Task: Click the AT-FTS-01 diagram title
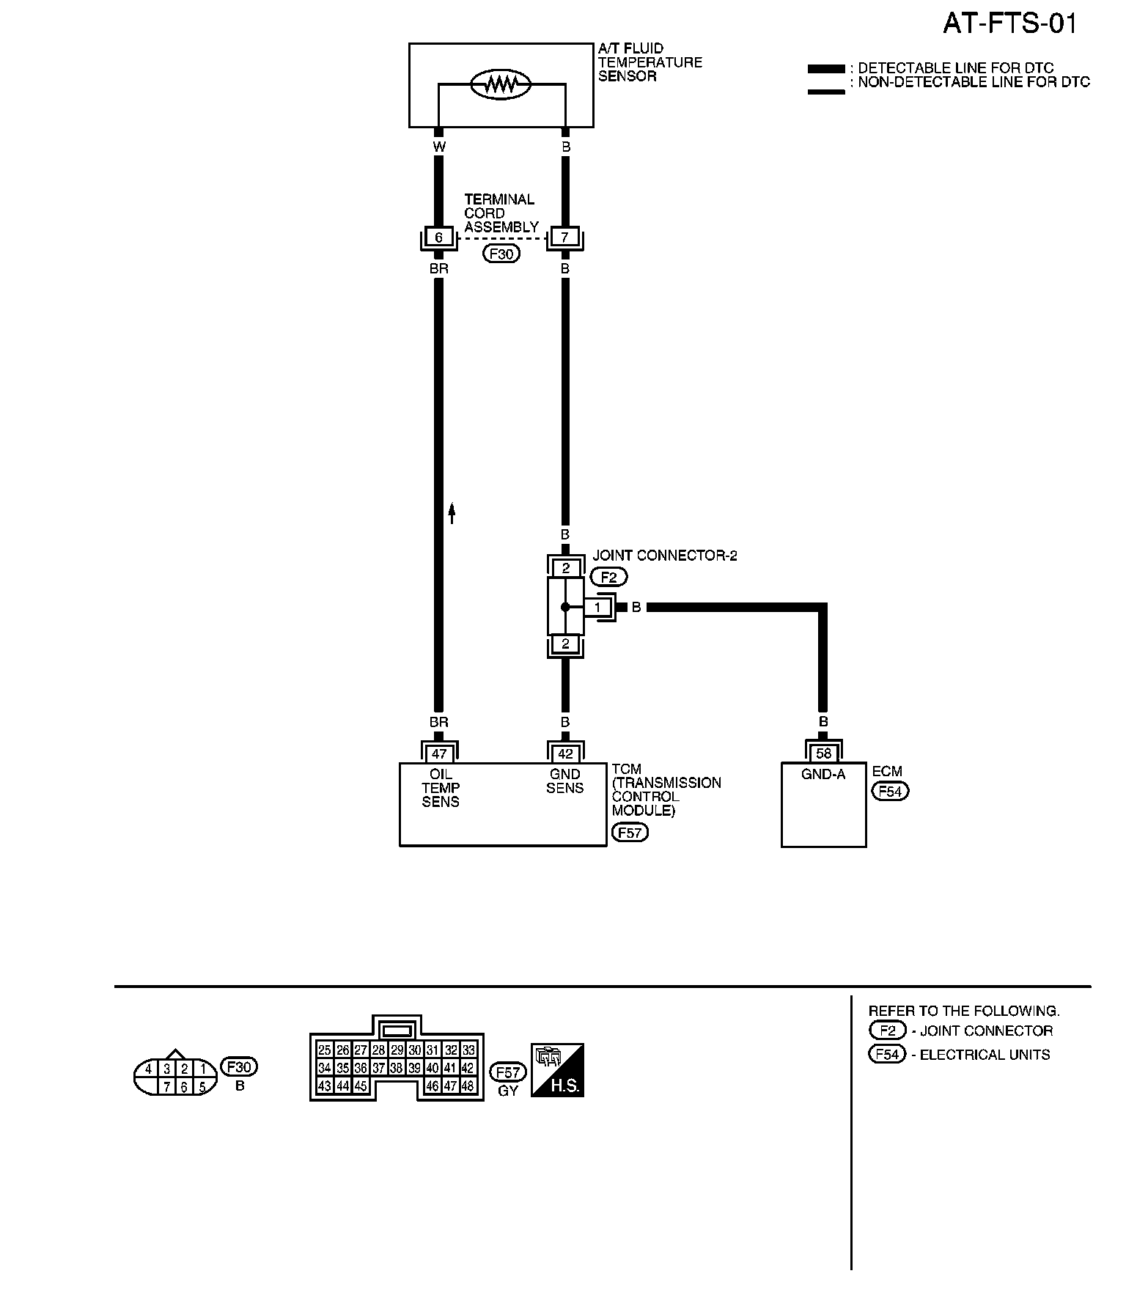1009,24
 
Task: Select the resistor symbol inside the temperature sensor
501,84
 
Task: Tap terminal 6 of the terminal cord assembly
438,237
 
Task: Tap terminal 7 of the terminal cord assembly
564,237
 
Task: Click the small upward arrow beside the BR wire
452,512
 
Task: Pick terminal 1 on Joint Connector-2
597,607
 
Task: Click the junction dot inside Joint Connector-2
564,607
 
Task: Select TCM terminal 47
439,753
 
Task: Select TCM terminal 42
565,753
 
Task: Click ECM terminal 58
823,753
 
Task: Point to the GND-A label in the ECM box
823,774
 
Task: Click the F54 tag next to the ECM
890,792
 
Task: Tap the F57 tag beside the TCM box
630,833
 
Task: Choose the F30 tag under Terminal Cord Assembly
501,254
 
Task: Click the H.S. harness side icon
557,1070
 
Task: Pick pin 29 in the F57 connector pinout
397,1050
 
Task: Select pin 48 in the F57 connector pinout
468,1086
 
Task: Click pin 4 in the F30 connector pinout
149,1069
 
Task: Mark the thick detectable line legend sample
826,69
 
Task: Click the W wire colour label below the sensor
438,147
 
